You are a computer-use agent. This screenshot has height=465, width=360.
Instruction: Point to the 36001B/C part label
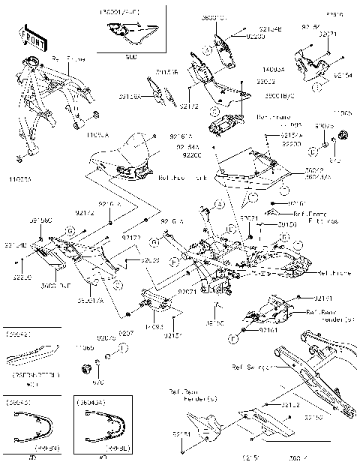pyautogui.click(x=256, y=96)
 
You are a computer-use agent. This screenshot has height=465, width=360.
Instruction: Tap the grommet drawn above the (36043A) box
pyautogui.click(x=85, y=368)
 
